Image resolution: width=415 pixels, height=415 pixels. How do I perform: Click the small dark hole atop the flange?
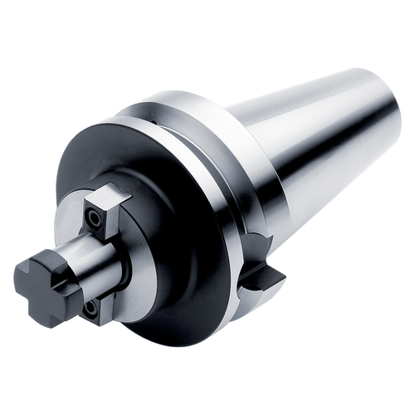pyautogui.click(x=155, y=122)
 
